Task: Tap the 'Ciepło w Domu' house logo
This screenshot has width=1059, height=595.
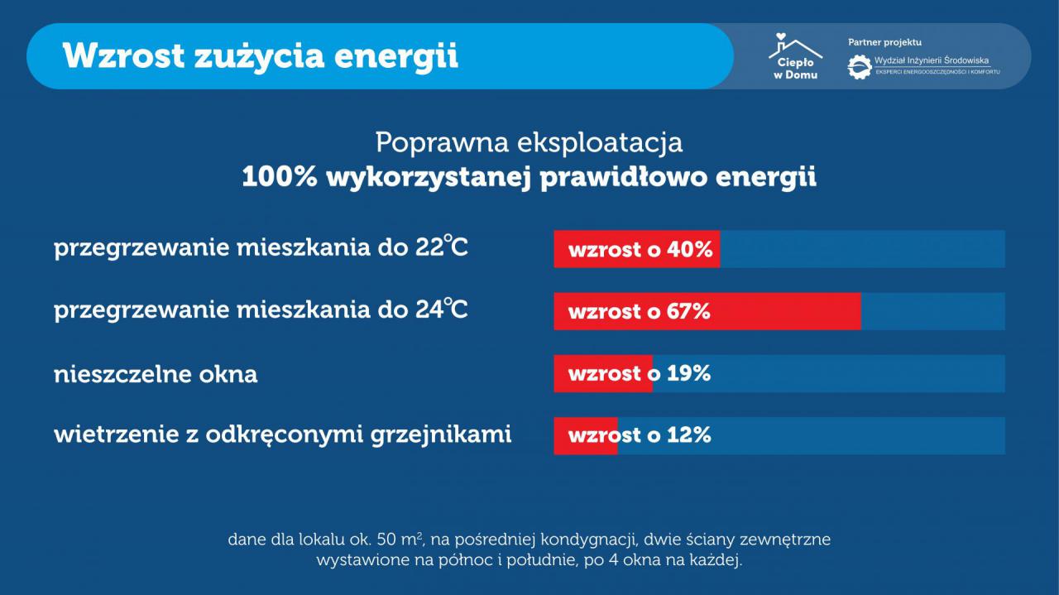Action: [795, 55]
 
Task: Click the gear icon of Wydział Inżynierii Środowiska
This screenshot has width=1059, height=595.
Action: [859, 67]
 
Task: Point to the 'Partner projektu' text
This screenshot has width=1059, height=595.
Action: [884, 42]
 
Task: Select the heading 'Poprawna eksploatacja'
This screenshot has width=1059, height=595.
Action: [529, 142]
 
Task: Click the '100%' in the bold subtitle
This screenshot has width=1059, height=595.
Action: [279, 177]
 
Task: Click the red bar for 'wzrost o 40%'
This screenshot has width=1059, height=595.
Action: [637, 249]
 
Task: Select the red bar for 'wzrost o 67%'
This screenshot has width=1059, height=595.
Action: [707, 311]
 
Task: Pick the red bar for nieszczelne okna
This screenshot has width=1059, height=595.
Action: [603, 374]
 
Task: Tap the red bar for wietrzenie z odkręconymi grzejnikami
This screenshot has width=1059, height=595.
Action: [586, 435]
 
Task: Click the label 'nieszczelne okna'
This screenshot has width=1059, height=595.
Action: [156, 374]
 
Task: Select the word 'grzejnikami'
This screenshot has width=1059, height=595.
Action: [441, 435]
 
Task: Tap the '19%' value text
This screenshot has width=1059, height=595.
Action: [688, 374]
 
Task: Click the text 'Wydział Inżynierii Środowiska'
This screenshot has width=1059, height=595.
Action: [932, 60]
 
